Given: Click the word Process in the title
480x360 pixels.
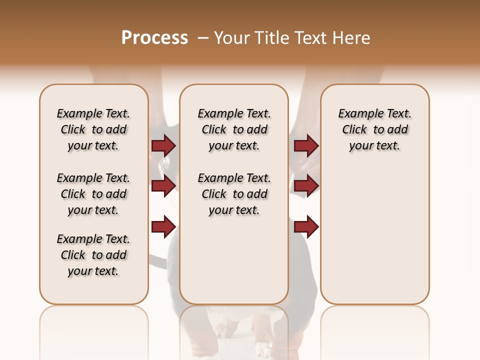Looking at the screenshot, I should point(154,37).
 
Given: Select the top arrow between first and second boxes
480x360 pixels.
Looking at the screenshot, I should point(163,145).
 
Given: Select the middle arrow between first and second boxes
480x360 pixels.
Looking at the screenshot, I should point(163,186).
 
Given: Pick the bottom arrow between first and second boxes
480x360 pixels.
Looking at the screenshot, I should point(163,226).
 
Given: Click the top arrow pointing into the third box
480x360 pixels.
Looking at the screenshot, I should point(306,145).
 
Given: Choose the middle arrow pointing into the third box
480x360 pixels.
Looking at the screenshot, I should point(306,186).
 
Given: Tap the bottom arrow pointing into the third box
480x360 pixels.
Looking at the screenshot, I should point(306,226).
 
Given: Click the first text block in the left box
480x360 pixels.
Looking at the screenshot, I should point(93,129).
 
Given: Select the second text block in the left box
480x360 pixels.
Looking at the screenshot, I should point(93,194).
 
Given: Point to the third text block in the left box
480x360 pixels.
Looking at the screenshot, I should point(93,255).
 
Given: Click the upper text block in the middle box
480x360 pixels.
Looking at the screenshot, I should point(234,129).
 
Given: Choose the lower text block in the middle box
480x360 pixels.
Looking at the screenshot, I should point(234,194).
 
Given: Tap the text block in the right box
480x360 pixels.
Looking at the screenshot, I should point(374,129).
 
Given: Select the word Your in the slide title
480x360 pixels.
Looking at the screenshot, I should point(230,38).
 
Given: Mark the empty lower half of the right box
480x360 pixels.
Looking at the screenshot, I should point(374,240).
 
